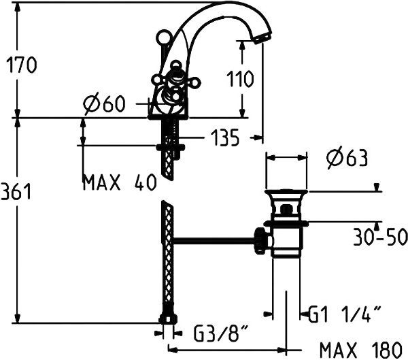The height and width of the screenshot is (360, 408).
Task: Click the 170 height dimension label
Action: (22, 65)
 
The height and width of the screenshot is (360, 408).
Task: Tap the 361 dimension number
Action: (16, 191)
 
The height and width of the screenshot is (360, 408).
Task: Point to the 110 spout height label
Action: (240, 78)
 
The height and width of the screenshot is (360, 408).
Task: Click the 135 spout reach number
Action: (225, 137)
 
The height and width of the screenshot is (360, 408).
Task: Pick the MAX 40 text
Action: (120, 182)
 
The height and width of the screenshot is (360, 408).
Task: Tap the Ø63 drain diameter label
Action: (347, 158)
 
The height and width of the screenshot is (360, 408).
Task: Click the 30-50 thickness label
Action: (380, 237)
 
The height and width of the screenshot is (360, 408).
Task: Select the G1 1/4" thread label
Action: (345, 314)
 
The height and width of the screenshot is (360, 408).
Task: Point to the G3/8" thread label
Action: (220, 333)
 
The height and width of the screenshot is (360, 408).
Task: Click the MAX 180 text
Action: (361, 350)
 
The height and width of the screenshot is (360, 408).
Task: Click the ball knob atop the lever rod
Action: (163, 37)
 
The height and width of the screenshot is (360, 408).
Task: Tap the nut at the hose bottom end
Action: (168, 318)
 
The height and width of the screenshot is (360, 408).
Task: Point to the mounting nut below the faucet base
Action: (171, 147)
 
